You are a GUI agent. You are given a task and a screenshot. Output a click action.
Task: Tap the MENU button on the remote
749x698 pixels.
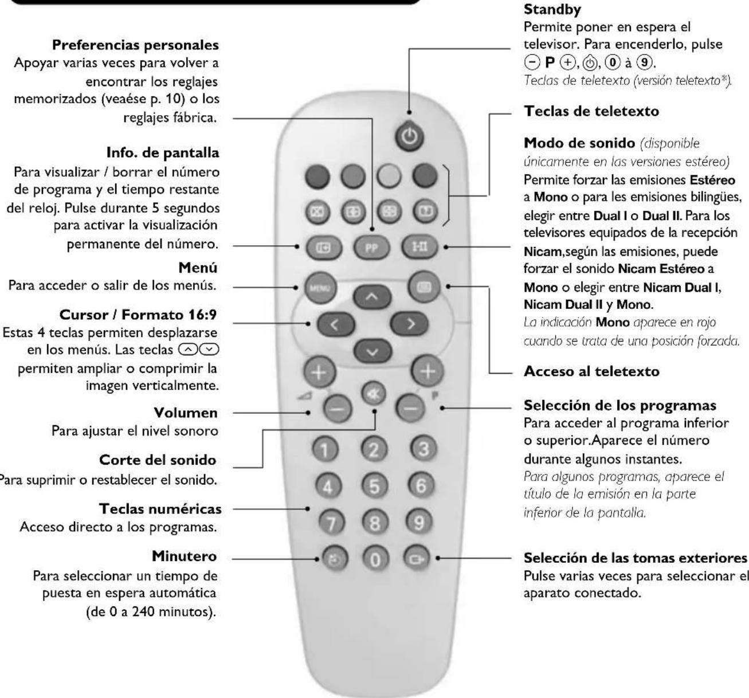pyautogui.click(x=312, y=288)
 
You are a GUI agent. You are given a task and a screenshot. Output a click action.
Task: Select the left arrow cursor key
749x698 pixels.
pyautogui.click(x=334, y=325)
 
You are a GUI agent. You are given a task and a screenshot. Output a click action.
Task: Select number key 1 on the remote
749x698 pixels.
pyautogui.click(x=326, y=449)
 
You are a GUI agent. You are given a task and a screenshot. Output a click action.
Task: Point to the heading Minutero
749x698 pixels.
pyautogui.click(x=185, y=556)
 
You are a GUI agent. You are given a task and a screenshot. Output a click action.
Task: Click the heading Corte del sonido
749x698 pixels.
pyautogui.click(x=158, y=460)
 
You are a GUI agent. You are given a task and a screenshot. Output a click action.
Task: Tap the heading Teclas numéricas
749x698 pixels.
pyautogui.click(x=160, y=508)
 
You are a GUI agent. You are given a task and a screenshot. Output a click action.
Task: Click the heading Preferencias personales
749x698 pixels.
pyautogui.click(x=135, y=44)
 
